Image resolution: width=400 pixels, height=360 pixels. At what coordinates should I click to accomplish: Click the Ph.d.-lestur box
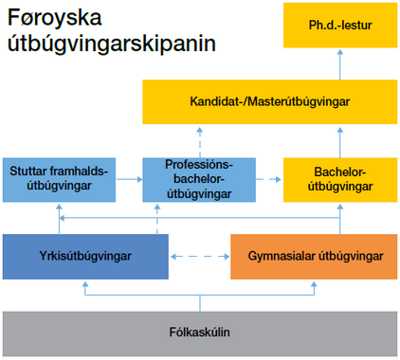pyautogui.click(x=340, y=26)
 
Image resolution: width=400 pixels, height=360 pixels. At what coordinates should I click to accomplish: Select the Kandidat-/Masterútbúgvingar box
pyautogui.click(x=270, y=101)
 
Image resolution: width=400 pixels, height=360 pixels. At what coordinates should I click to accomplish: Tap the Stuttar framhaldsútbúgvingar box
pyautogui.click(x=59, y=180)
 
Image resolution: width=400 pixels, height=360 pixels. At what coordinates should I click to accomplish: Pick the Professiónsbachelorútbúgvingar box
pyautogui.click(x=199, y=180)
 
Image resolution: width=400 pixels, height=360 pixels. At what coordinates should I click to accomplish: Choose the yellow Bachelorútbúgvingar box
pyautogui.click(x=340, y=180)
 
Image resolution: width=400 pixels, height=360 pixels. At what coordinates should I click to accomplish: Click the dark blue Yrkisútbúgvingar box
pyautogui.click(x=85, y=257)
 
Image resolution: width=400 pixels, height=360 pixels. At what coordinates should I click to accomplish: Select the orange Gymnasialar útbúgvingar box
pyautogui.click(x=314, y=257)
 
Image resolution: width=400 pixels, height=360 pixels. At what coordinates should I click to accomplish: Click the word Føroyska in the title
pyautogui.click(x=55, y=18)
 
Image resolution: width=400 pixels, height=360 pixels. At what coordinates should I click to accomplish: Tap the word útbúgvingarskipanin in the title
pyautogui.click(x=112, y=44)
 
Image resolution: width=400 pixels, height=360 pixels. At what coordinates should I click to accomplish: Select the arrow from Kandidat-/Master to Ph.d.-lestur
pyautogui.click(x=340, y=64)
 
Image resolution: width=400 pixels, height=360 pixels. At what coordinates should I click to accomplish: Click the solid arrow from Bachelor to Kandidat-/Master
pyautogui.click(x=340, y=142)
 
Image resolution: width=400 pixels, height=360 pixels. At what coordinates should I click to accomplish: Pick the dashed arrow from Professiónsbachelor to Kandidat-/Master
pyautogui.click(x=200, y=142)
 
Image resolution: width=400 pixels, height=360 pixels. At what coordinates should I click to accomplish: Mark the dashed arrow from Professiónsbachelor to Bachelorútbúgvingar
pyautogui.click(x=268, y=179)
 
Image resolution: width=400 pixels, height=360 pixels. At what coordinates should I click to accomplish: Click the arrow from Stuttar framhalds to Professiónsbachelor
pyautogui.click(x=130, y=179)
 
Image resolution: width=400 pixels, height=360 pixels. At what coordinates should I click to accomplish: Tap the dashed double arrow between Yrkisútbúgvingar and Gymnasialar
pyautogui.click(x=200, y=257)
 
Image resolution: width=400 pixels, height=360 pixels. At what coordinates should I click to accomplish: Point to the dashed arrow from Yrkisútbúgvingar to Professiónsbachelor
pyautogui.click(x=157, y=219)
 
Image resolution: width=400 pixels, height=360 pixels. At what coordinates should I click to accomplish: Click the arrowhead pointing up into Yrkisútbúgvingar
pyautogui.click(x=85, y=284)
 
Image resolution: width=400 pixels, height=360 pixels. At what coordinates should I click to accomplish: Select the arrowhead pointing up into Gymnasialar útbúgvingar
pyautogui.click(x=314, y=284)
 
